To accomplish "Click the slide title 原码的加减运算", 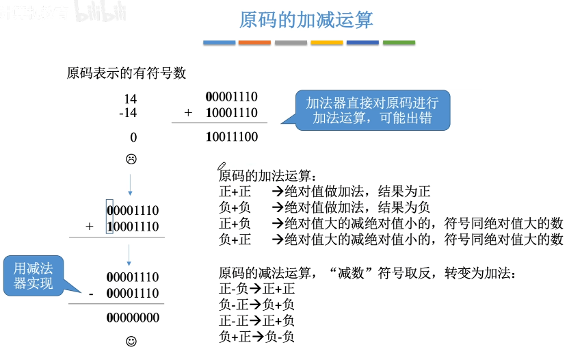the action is (306, 20).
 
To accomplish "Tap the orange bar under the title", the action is (254, 43).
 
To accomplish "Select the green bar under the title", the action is (399, 43).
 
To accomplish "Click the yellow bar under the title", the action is (327, 43).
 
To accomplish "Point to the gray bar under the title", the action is (291, 43).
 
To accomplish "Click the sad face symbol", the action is (131, 159).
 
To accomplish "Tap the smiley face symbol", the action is (131, 341).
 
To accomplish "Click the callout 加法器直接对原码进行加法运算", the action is (373, 110).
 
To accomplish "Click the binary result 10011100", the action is (232, 137).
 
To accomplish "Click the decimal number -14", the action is (128, 113).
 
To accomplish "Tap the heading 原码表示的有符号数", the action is (127, 73).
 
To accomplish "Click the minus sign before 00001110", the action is (90, 294).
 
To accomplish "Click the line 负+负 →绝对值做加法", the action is (324, 207).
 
